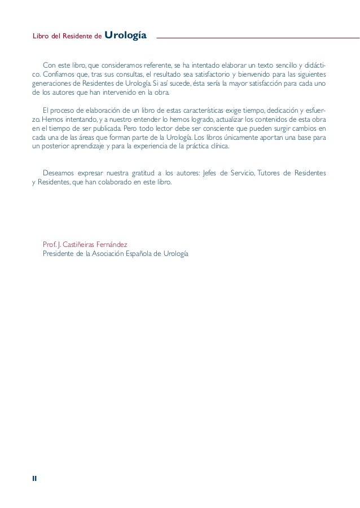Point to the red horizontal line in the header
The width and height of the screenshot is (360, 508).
point(257,38)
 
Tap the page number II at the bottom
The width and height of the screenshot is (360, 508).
point(34,478)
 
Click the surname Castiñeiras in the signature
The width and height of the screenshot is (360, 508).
point(85,245)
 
